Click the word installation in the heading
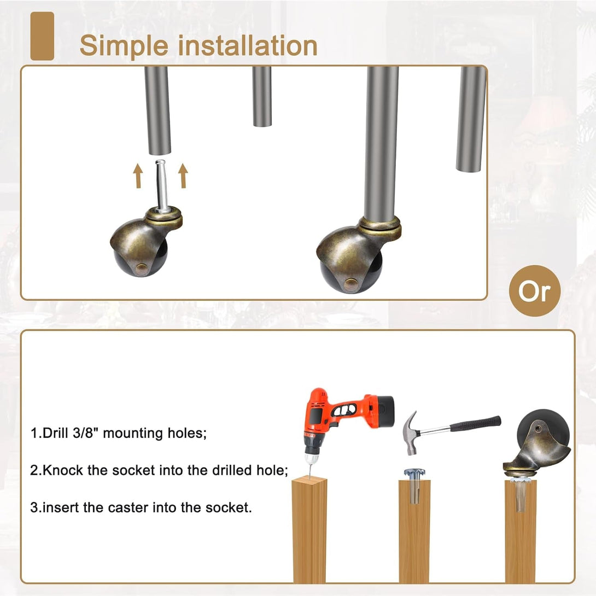[x=248, y=45]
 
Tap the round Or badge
[x=534, y=291]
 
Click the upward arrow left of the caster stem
[x=138, y=176]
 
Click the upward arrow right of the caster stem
[x=183, y=176]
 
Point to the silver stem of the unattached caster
[x=161, y=185]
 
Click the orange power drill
[x=342, y=422]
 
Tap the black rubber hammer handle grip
[x=475, y=424]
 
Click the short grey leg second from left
[x=262, y=96]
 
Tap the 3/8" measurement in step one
[x=84, y=433]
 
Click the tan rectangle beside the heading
[x=42, y=36]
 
